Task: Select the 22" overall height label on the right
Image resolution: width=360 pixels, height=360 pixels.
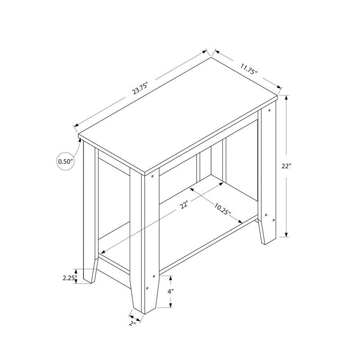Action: click(287, 166)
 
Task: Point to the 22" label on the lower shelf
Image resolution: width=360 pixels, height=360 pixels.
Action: click(184, 206)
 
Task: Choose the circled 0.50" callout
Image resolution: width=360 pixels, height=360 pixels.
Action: click(65, 161)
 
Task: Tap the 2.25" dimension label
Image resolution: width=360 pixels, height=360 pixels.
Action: click(68, 277)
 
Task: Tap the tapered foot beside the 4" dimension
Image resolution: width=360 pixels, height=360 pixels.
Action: click(145, 297)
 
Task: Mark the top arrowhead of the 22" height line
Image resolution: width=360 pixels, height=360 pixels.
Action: click(287, 97)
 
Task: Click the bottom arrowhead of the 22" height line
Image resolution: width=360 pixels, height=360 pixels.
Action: click(287, 234)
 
